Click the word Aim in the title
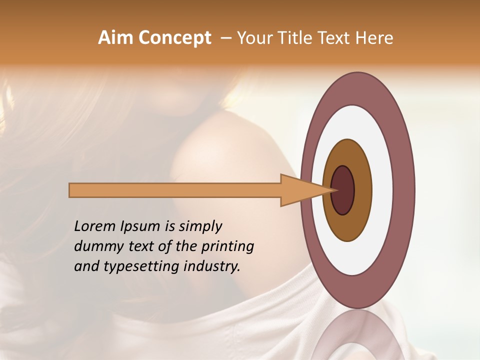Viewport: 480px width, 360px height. coord(115,38)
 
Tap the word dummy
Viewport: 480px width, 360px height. coord(94,246)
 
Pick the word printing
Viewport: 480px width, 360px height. coord(227,247)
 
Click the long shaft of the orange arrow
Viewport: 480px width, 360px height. coord(175,190)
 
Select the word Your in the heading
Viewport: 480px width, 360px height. coord(252,38)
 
